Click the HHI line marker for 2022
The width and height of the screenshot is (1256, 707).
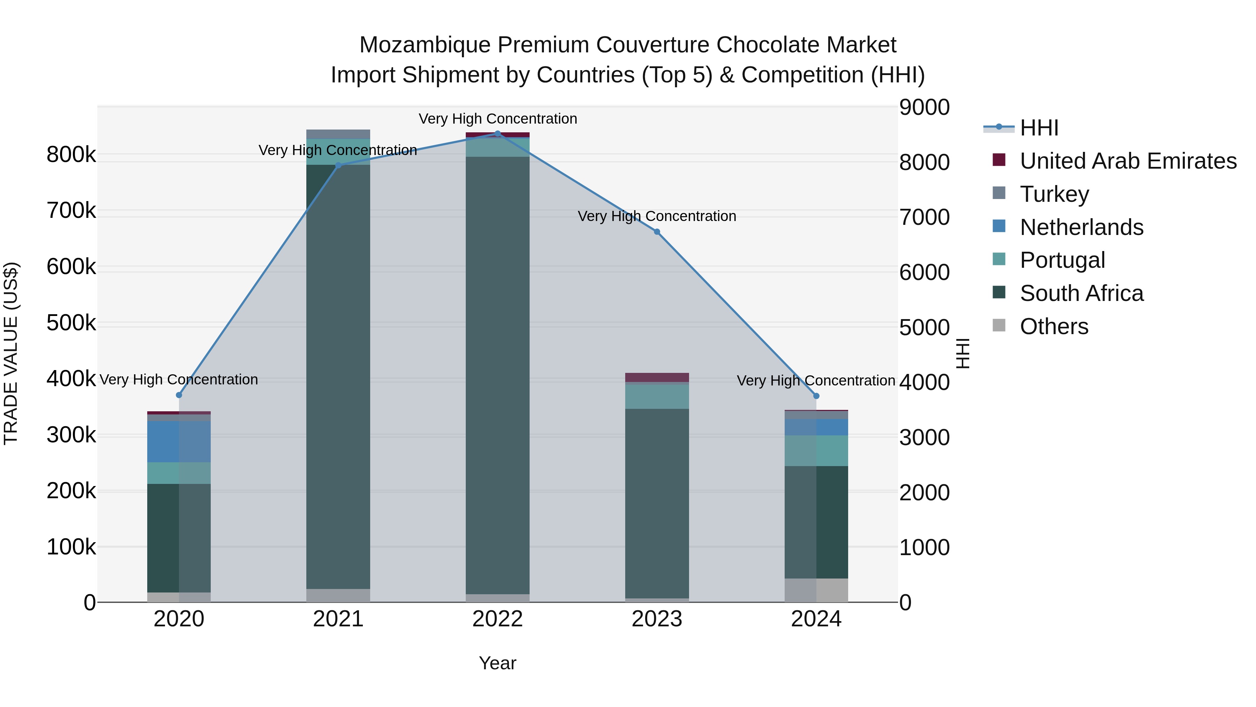pos(497,134)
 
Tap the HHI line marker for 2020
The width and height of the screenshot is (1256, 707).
pos(179,395)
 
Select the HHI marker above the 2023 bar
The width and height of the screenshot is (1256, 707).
pos(657,232)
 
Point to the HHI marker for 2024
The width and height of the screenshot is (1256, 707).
pos(816,396)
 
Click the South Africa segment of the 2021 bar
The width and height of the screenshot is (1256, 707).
pos(338,376)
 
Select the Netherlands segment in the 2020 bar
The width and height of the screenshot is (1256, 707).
pos(179,442)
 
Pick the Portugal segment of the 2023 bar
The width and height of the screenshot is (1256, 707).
pos(657,397)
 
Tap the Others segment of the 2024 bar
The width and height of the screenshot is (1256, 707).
pos(816,590)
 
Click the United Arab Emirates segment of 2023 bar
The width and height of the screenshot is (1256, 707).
pos(657,377)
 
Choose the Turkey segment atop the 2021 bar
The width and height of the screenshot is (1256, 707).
pos(338,134)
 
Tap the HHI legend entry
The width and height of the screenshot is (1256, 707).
pos(1039,128)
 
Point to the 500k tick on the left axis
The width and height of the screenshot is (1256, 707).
pos(71,323)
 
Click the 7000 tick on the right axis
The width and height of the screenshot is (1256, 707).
pos(924,217)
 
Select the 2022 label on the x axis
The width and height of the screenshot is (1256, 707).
pos(497,619)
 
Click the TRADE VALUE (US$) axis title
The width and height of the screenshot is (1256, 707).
pos(11,353)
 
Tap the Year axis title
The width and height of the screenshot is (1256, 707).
pos(497,663)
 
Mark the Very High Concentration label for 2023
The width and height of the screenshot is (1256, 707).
pos(657,216)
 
